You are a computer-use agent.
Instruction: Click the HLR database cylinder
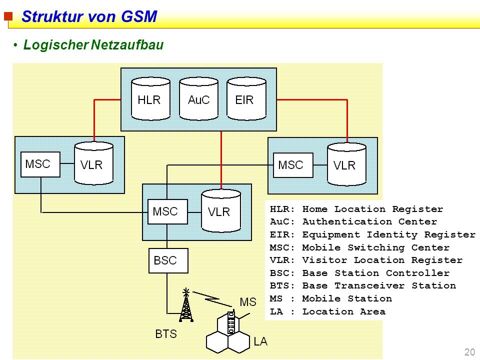click(150, 98)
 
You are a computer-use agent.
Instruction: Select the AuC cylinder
click(198, 98)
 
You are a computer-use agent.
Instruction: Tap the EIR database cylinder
click(246, 98)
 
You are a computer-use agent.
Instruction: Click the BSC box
click(168, 260)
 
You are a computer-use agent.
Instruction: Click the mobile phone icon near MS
click(231, 322)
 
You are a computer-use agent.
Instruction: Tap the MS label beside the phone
click(248, 302)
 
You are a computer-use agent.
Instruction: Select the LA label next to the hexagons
click(260, 341)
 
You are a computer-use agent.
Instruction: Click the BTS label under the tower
click(166, 334)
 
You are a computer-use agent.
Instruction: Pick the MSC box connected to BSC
click(167, 211)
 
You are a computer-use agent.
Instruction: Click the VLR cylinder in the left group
click(94, 163)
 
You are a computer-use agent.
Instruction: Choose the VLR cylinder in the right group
click(347, 164)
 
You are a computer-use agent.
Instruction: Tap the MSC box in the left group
click(40, 164)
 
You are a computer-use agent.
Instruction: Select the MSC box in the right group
click(293, 165)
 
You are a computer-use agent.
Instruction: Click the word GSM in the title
click(139, 16)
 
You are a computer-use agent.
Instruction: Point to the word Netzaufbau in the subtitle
click(127, 44)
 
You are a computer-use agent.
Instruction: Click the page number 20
click(469, 352)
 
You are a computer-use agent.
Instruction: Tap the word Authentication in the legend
click(347, 221)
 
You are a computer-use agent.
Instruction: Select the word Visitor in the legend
click(325, 260)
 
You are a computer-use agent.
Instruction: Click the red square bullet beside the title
click(8, 16)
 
